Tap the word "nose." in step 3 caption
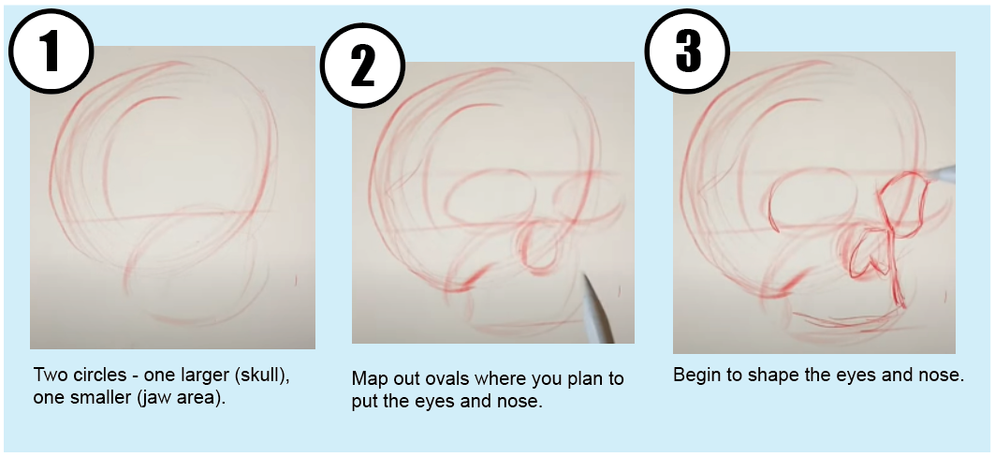click(x=939, y=376)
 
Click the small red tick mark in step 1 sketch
click(x=296, y=279)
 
